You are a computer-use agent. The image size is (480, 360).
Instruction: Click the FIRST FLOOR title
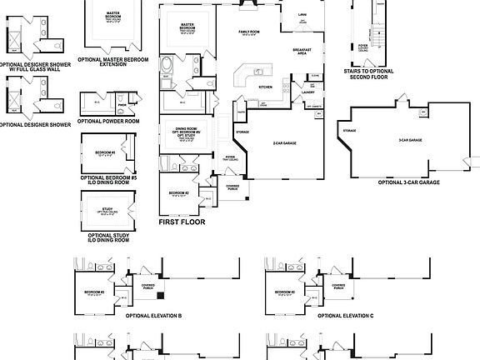(x=181, y=222)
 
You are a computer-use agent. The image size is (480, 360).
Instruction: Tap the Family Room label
(x=249, y=34)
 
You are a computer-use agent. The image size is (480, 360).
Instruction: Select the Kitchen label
(x=265, y=86)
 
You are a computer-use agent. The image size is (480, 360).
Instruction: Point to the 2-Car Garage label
(x=286, y=144)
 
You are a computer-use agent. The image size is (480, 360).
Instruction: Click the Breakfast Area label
(x=302, y=52)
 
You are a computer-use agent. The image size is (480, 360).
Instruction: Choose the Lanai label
(x=304, y=14)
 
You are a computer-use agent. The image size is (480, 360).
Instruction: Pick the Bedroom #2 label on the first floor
(x=177, y=192)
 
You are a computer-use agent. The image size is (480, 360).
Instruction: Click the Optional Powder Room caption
(x=109, y=121)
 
